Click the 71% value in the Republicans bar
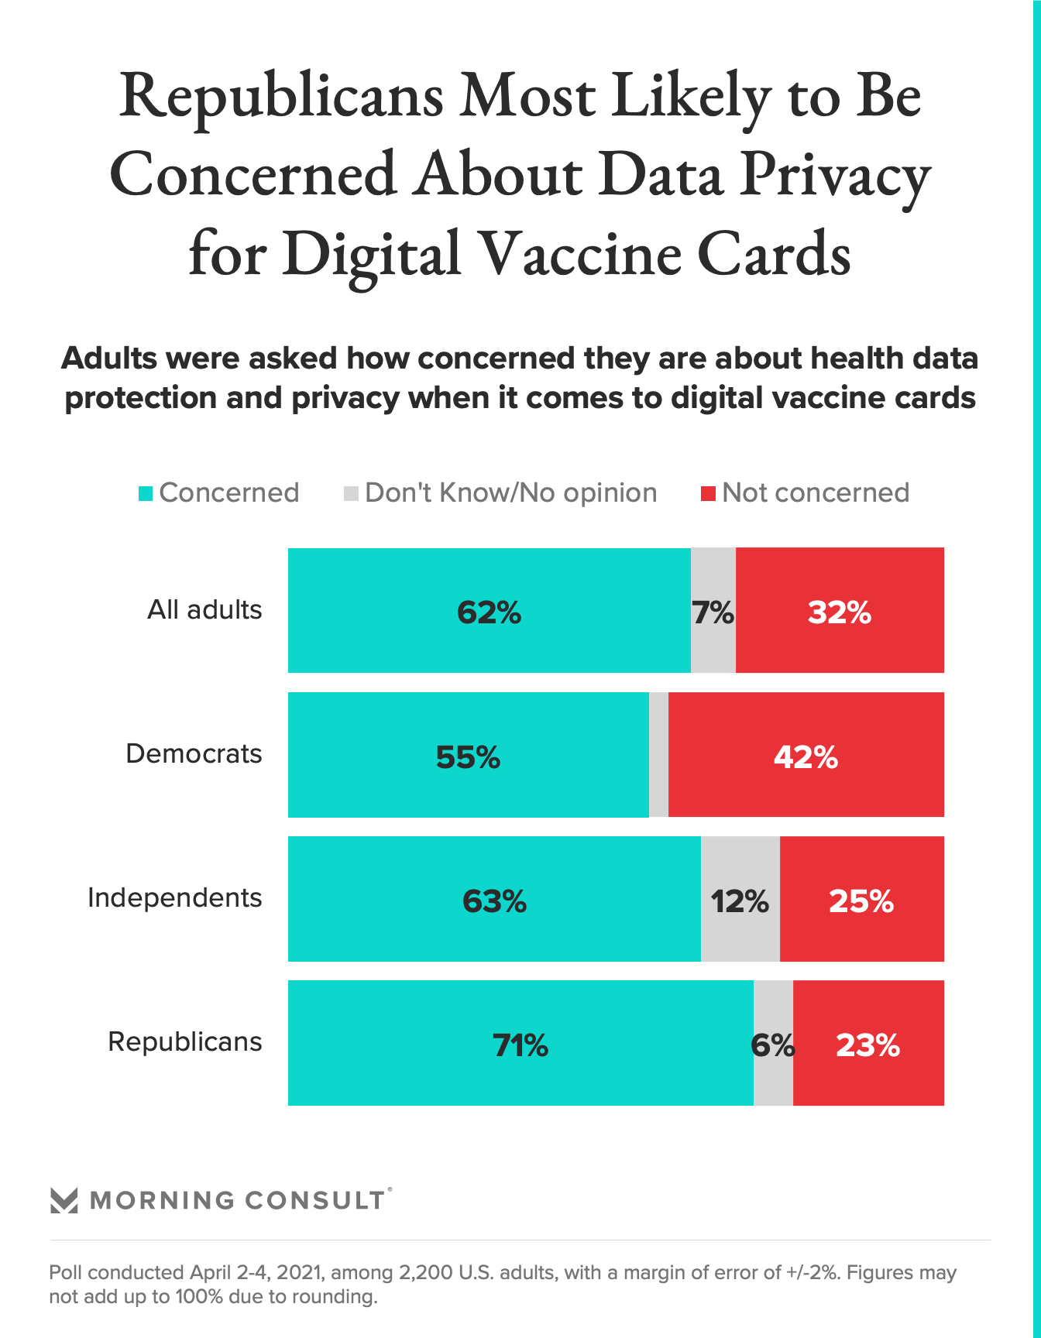[520, 1045]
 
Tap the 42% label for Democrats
[806, 756]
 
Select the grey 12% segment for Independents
[740, 901]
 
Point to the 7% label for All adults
[713, 612]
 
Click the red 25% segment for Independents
[861, 901]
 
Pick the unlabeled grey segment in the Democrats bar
[658, 755]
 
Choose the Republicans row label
[185, 1041]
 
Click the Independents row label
[175, 897]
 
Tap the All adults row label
[204, 609]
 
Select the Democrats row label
[194, 753]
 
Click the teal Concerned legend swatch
[146, 493]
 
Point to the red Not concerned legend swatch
[708, 493]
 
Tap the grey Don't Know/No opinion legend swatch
[351, 493]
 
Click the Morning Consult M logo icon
[64, 1200]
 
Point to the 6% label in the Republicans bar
[772, 1045]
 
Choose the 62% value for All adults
[489, 612]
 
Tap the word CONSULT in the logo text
[314, 1200]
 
